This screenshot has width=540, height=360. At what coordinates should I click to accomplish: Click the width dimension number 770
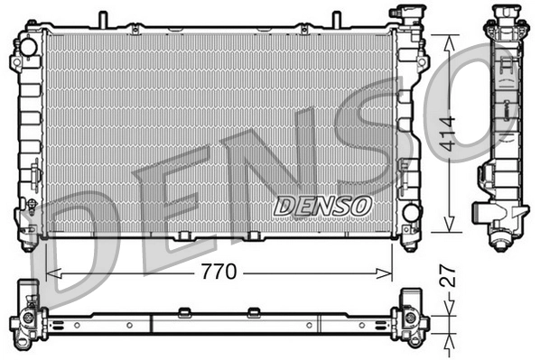[219, 270]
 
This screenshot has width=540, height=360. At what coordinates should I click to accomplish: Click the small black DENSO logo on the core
[322, 206]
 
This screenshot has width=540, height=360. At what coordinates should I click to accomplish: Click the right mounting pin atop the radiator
[335, 19]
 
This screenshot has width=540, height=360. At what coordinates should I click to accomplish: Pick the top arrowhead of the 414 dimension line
[449, 39]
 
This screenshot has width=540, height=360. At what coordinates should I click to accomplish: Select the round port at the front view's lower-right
[410, 214]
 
